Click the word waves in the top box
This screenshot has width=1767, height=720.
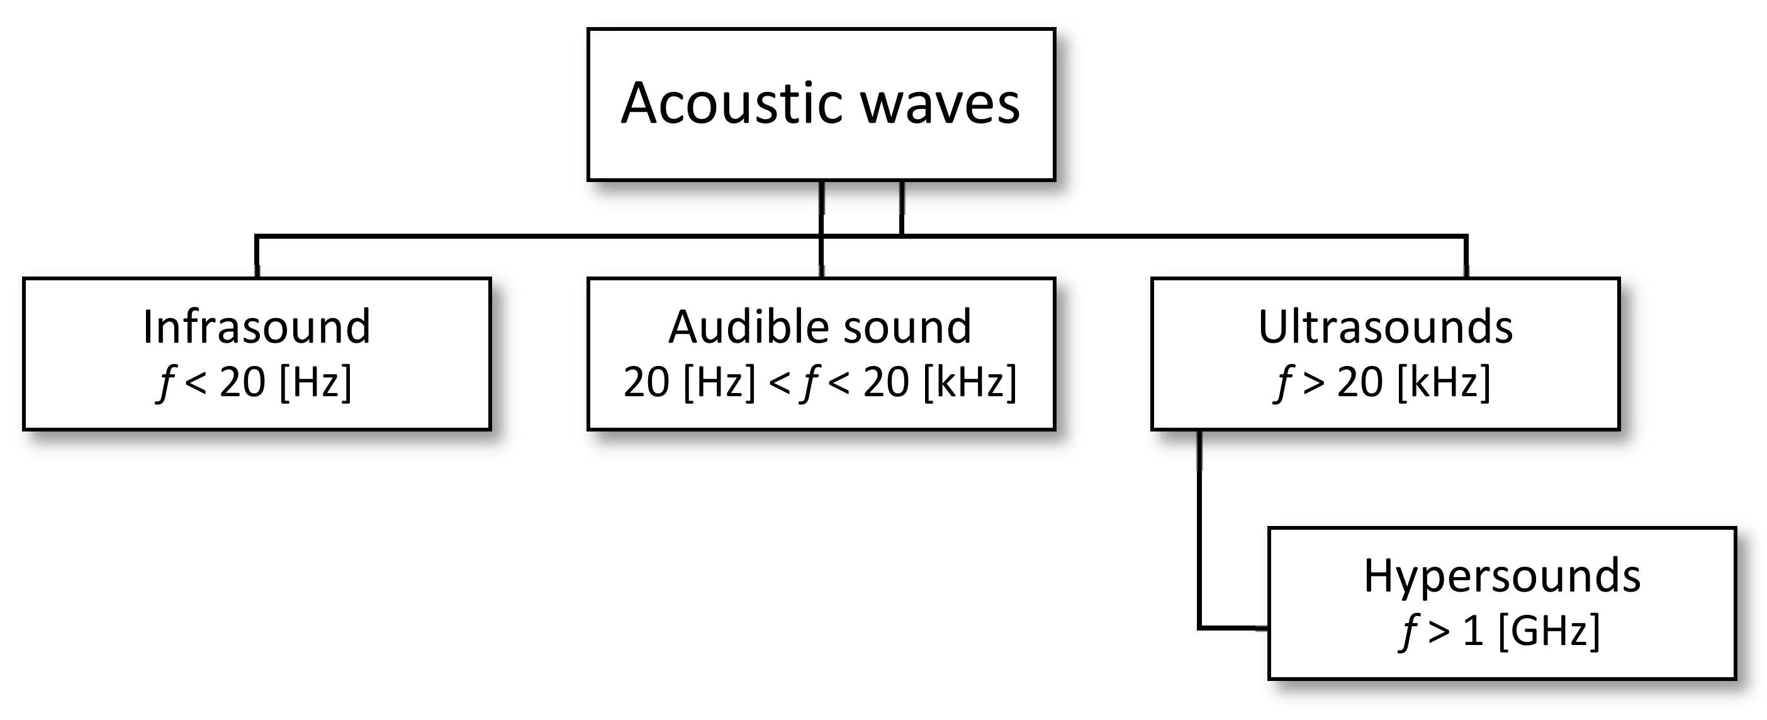point(940,105)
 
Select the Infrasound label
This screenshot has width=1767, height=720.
point(257,327)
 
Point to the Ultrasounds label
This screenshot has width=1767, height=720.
point(1385,327)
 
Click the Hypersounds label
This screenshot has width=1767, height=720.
point(1501,576)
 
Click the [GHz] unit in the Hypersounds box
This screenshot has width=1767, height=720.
point(1549,631)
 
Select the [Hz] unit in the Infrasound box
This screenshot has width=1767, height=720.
point(315,382)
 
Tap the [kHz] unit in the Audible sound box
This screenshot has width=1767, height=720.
point(969,382)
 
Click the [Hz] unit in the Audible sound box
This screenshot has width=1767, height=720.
point(719,382)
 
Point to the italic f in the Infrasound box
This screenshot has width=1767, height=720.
point(165,382)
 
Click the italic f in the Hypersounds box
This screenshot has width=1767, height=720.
point(1408,631)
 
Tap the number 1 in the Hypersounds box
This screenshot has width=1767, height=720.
point(1472,631)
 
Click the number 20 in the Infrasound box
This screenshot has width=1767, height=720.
point(242,382)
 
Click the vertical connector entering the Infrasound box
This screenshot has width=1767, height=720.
point(257,258)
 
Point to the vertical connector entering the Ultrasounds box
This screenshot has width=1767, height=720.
point(1466,258)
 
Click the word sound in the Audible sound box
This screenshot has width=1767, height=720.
point(907,327)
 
